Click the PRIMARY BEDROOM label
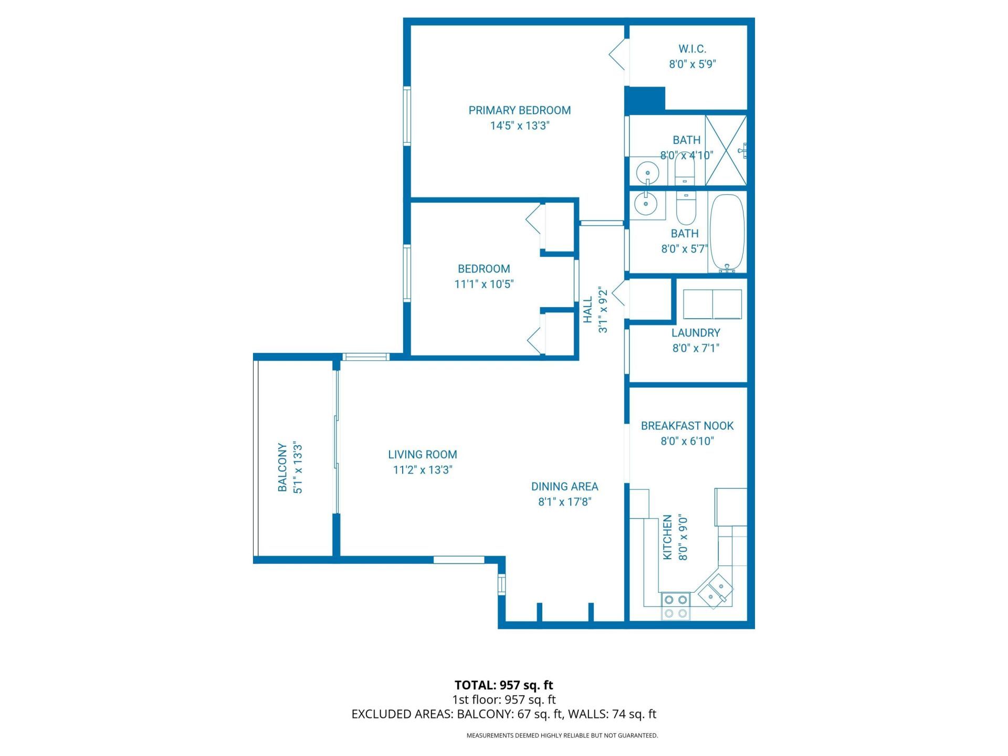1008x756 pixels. pyautogui.click(x=519, y=110)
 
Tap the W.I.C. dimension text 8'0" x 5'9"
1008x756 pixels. pyautogui.click(x=692, y=65)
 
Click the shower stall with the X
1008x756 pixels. pyautogui.click(x=726, y=150)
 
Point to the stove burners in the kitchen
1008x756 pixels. pyautogui.click(x=675, y=606)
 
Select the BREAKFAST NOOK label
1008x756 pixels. pyautogui.click(x=687, y=426)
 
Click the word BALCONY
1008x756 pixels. pyautogui.click(x=282, y=467)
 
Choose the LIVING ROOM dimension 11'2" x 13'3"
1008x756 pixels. pyautogui.click(x=423, y=470)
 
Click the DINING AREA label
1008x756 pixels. pyautogui.click(x=564, y=487)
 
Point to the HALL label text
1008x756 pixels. pyautogui.click(x=588, y=310)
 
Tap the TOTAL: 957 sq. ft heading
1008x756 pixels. pyautogui.click(x=503, y=685)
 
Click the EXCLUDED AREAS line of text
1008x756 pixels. pyautogui.click(x=503, y=714)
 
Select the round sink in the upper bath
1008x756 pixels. pyautogui.click(x=647, y=172)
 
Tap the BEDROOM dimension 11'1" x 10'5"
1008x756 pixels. pyautogui.click(x=484, y=284)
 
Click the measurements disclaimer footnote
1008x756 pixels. pyautogui.click(x=562, y=736)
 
